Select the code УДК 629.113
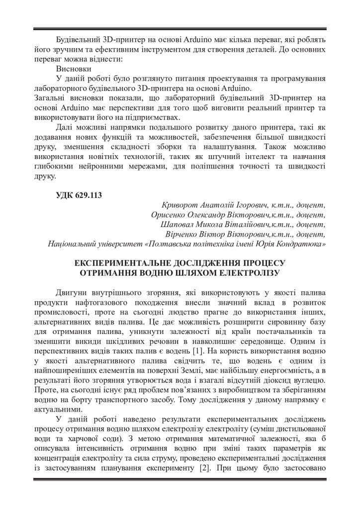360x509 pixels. click(79, 195)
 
